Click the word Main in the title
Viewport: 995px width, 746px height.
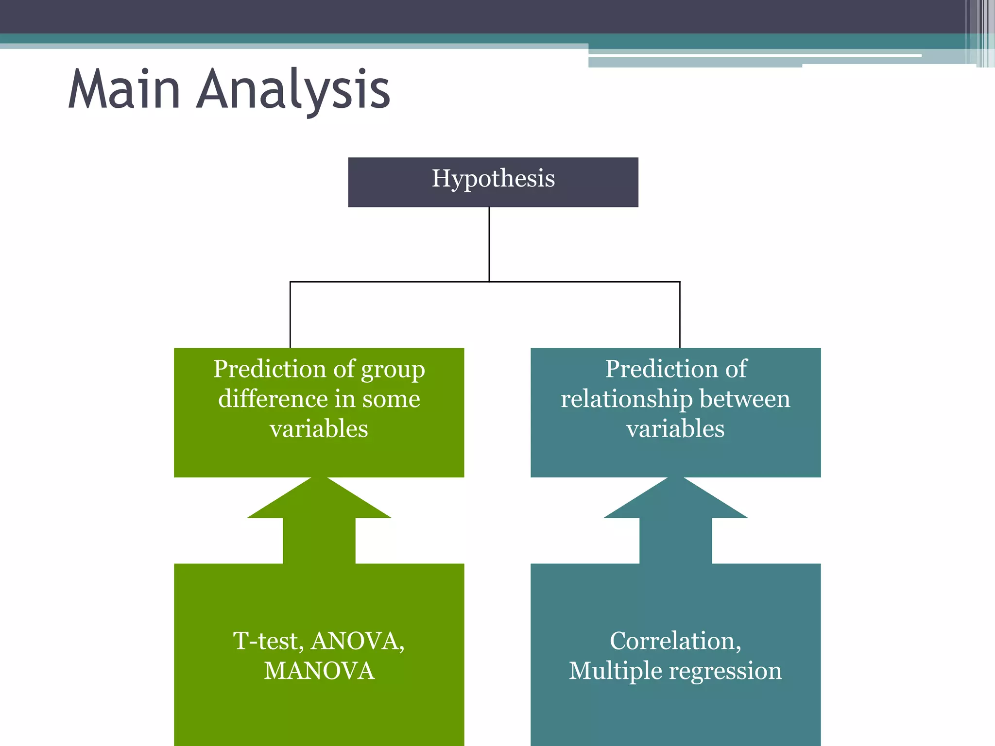click(124, 90)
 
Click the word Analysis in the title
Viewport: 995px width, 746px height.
click(293, 90)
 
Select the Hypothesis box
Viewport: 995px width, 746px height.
click(493, 182)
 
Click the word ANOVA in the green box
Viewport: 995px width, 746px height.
click(358, 641)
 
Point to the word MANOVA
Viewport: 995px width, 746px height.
click(319, 671)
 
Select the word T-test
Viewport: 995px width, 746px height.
click(268, 641)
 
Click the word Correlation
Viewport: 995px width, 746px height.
click(675, 641)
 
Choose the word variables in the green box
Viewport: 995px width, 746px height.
click(319, 429)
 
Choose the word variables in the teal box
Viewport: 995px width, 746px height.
click(675, 429)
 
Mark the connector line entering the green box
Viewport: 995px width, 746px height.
click(290, 316)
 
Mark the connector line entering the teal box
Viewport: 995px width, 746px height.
click(680, 316)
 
